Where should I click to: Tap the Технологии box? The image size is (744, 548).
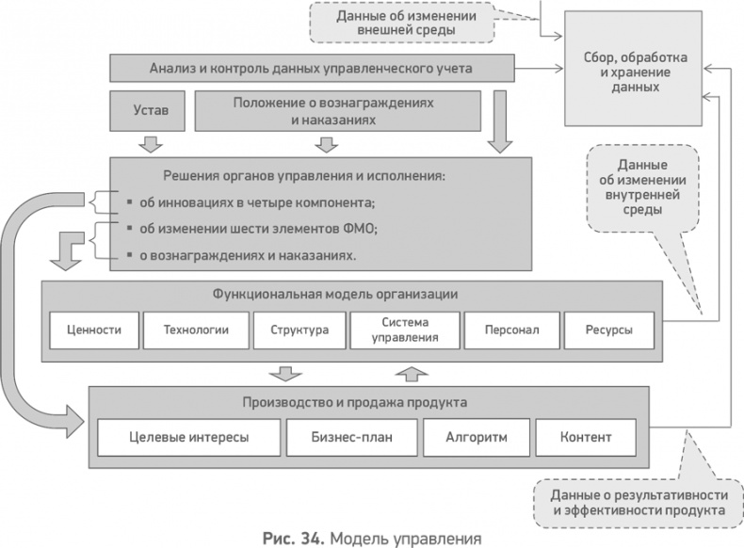(196, 330)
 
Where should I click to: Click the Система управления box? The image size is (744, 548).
(405, 330)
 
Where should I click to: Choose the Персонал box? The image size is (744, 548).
(511, 330)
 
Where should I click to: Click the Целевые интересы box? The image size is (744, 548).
(189, 437)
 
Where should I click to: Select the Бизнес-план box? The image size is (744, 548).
(351, 437)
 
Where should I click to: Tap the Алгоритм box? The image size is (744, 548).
(474, 437)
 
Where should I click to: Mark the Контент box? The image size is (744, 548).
(586, 437)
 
